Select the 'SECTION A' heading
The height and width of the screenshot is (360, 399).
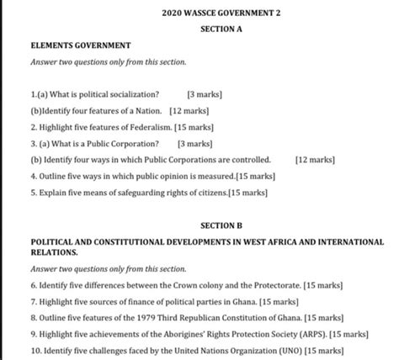[221, 29]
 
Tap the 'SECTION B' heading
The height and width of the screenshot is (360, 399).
[221, 226]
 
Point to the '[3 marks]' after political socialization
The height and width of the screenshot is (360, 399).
[205, 95]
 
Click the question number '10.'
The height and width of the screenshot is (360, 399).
[35, 351]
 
